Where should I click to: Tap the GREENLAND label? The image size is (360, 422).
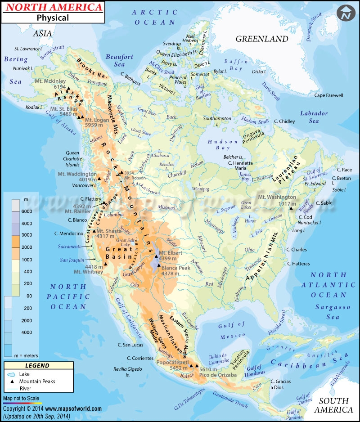pyautogui.click(x=262, y=39)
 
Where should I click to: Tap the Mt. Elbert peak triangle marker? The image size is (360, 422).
pyautogui.click(x=156, y=256)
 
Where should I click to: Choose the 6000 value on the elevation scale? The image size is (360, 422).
pyautogui.click(x=27, y=211)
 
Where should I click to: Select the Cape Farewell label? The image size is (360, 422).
pyautogui.click(x=328, y=95)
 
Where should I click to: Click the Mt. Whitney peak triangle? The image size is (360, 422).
pyautogui.click(x=105, y=264)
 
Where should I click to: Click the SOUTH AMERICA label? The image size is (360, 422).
pyautogui.click(x=334, y=405)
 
